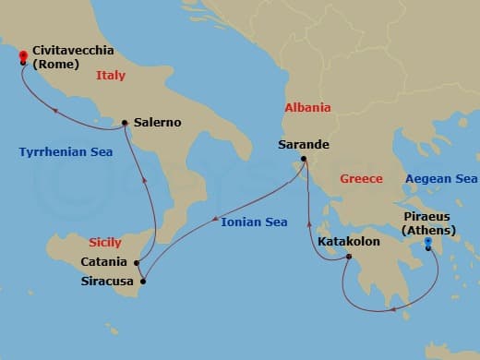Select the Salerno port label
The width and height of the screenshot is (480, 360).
tap(157, 122)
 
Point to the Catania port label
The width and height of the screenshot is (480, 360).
tap(103, 262)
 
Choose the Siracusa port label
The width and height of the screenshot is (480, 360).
tap(104, 281)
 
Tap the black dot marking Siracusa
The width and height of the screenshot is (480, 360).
tap(142, 281)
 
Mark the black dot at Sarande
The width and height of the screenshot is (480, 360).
tap(301, 161)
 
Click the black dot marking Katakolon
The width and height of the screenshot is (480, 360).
tap(348, 258)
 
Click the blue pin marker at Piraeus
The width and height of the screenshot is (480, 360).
tap(428, 245)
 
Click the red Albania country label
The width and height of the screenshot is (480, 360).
tap(307, 107)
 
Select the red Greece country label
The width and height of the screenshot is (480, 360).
tap(361, 178)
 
